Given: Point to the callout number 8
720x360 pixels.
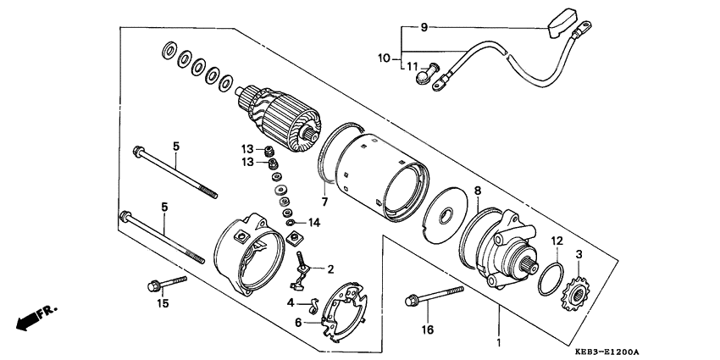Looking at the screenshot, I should point(477,191).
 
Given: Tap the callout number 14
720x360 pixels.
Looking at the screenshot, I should point(315,223).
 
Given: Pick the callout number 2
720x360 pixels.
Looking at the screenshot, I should point(330,269).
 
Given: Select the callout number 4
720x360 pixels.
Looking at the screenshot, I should point(289,302).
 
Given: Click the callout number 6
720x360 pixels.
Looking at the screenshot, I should point(298,322).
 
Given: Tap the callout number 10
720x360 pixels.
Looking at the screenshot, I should point(384,58).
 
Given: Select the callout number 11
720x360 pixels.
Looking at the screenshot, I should point(412,66).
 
